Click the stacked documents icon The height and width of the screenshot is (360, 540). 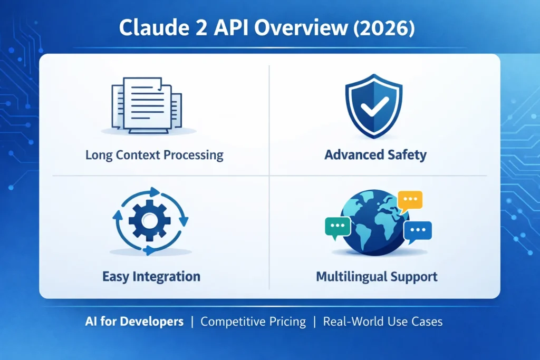pyautogui.click(x=148, y=104)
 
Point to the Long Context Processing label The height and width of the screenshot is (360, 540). pyautogui.click(x=154, y=155)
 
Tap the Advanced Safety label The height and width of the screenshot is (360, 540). pyautogui.click(x=375, y=155)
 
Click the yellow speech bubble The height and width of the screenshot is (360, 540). pyautogui.click(x=410, y=201)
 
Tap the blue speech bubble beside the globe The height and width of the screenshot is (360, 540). pyautogui.click(x=418, y=231)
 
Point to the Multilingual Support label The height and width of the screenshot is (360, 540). pyautogui.click(x=377, y=276)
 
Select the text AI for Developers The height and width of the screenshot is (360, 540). pyautogui.click(x=134, y=322)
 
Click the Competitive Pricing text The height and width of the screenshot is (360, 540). pyautogui.click(x=253, y=322)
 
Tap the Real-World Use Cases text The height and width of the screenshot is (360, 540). pyautogui.click(x=382, y=322)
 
